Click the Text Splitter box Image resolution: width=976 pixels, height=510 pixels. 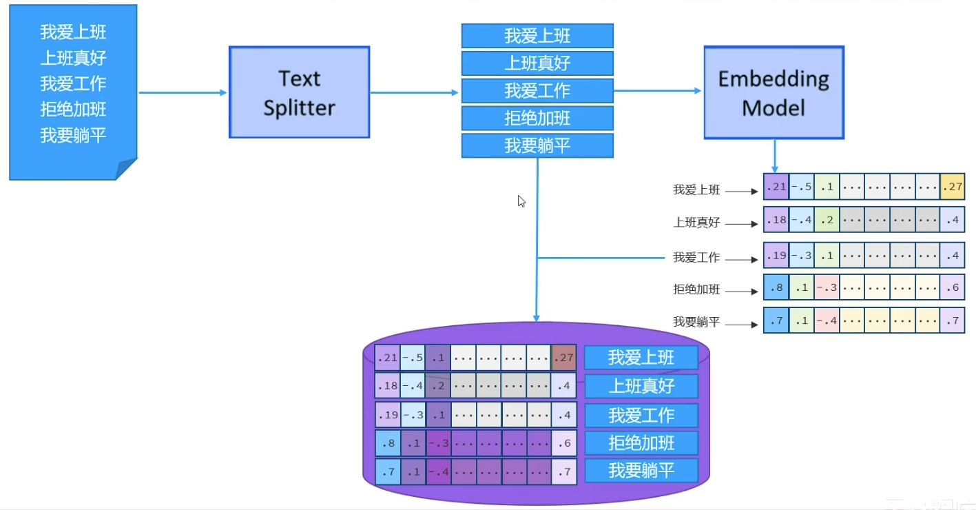click(299, 92)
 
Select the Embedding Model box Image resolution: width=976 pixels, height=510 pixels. click(773, 92)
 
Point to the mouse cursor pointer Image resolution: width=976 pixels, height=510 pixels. click(521, 201)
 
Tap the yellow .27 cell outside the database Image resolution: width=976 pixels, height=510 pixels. click(952, 187)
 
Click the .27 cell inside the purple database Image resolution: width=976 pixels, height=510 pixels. click(563, 358)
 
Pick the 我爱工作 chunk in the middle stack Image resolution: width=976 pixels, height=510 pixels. click(537, 90)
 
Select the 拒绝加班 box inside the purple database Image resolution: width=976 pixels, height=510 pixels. click(641, 443)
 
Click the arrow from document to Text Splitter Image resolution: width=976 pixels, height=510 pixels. click(183, 92)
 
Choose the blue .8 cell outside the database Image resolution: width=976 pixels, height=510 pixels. click(776, 288)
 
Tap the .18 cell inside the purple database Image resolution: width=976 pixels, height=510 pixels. click(387, 385)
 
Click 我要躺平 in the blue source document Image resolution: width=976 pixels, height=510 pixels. click(73, 135)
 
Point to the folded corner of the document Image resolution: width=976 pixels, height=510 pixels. click(127, 170)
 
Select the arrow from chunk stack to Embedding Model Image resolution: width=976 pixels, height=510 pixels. click(658, 90)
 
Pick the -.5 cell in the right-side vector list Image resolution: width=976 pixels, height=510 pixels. click(801, 187)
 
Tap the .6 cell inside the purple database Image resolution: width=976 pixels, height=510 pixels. click(563, 443)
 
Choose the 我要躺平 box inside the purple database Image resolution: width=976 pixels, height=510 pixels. click(641, 471)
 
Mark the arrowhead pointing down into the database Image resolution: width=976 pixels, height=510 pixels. click(536, 317)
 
